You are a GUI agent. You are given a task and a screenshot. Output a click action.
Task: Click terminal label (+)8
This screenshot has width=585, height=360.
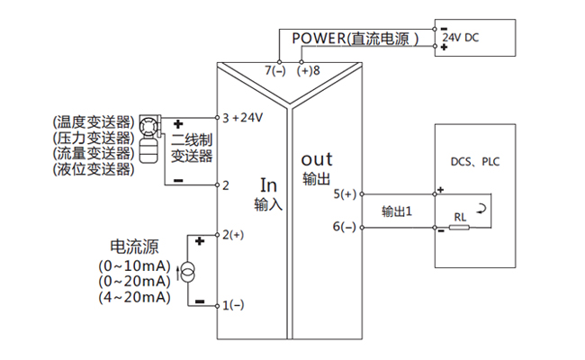pyautogui.click(x=309, y=69)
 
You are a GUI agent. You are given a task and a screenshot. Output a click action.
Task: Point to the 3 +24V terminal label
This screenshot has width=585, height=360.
pyautogui.click(x=242, y=119)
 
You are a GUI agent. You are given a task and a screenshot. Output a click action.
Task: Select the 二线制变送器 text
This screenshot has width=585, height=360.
pyautogui.click(x=191, y=148)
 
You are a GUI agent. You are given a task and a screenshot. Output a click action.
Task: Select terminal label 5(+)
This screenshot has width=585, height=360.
pyautogui.click(x=345, y=193)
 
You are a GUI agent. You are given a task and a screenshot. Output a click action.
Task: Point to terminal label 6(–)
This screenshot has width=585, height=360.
pyautogui.click(x=345, y=227)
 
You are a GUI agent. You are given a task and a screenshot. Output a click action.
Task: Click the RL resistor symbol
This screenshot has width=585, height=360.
pyautogui.click(x=460, y=227)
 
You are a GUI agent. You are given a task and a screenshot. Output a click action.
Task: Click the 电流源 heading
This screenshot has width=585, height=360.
pyautogui.click(x=130, y=246)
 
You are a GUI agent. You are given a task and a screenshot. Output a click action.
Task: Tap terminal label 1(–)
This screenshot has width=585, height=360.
pyautogui.click(x=233, y=305)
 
